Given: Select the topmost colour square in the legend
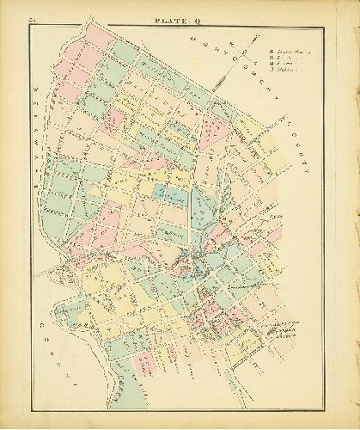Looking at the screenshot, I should (x=272, y=53).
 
